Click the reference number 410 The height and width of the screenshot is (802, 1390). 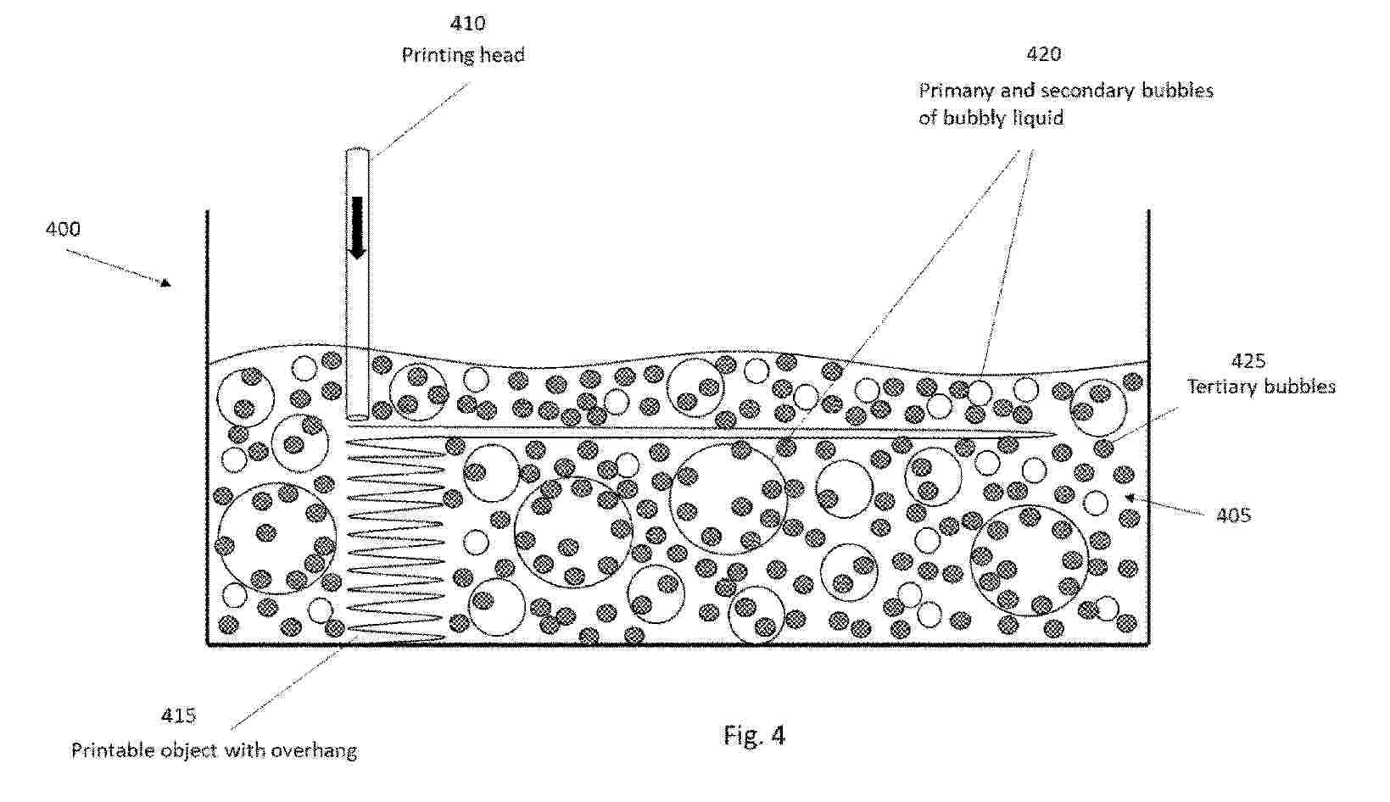[467, 24]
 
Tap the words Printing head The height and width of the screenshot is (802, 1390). [463, 55]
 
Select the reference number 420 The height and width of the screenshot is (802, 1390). [1044, 54]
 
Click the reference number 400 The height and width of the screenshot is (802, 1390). [63, 229]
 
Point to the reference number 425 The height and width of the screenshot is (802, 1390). [1248, 360]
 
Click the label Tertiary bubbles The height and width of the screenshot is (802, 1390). [1261, 387]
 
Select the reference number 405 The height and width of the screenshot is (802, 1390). [1234, 515]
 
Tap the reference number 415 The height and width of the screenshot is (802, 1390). [179, 716]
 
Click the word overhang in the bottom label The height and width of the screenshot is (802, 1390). [314, 751]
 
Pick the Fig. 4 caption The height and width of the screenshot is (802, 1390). [754, 735]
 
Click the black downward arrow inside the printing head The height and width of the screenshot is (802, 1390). [357, 227]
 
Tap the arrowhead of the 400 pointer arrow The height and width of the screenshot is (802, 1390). [166, 283]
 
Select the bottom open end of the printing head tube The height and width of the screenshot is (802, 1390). [357, 417]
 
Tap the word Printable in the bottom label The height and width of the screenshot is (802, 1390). [113, 750]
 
